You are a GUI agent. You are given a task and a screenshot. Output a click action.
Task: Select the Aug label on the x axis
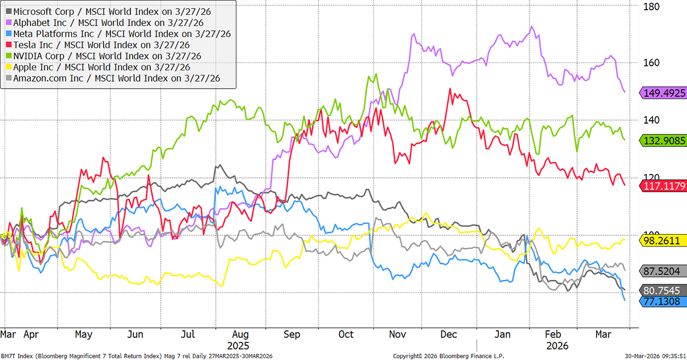point(241,334)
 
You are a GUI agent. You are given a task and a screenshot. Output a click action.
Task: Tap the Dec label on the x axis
point(449,334)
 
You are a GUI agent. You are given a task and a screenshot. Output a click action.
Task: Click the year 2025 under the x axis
point(239,346)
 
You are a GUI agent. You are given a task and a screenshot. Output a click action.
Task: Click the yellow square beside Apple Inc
point(8,68)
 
